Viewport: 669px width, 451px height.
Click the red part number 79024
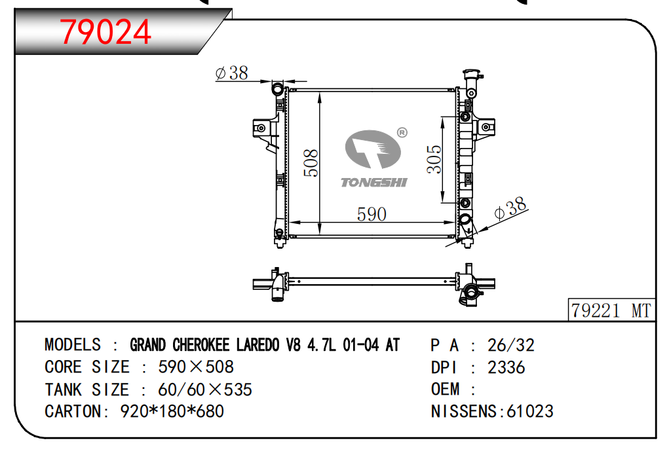(x=105, y=31)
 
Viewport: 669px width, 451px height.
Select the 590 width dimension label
(x=371, y=214)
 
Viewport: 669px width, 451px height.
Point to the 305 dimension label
(x=434, y=159)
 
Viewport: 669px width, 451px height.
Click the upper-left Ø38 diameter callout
(x=232, y=73)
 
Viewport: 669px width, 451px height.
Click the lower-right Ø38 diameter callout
(x=510, y=209)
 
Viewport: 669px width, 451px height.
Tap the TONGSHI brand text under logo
(x=373, y=183)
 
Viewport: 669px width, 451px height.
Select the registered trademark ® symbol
(x=402, y=132)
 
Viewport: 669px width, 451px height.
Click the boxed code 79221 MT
(x=611, y=310)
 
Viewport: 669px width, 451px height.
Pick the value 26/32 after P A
(x=511, y=345)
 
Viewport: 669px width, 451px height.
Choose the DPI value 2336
(x=506, y=367)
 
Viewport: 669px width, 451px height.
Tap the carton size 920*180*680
(x=172, y=411)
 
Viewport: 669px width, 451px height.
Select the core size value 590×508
(x=196, y=367)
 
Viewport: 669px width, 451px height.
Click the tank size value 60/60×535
(x=204, y=389)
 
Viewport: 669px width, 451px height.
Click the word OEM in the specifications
(x=446, y=389)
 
